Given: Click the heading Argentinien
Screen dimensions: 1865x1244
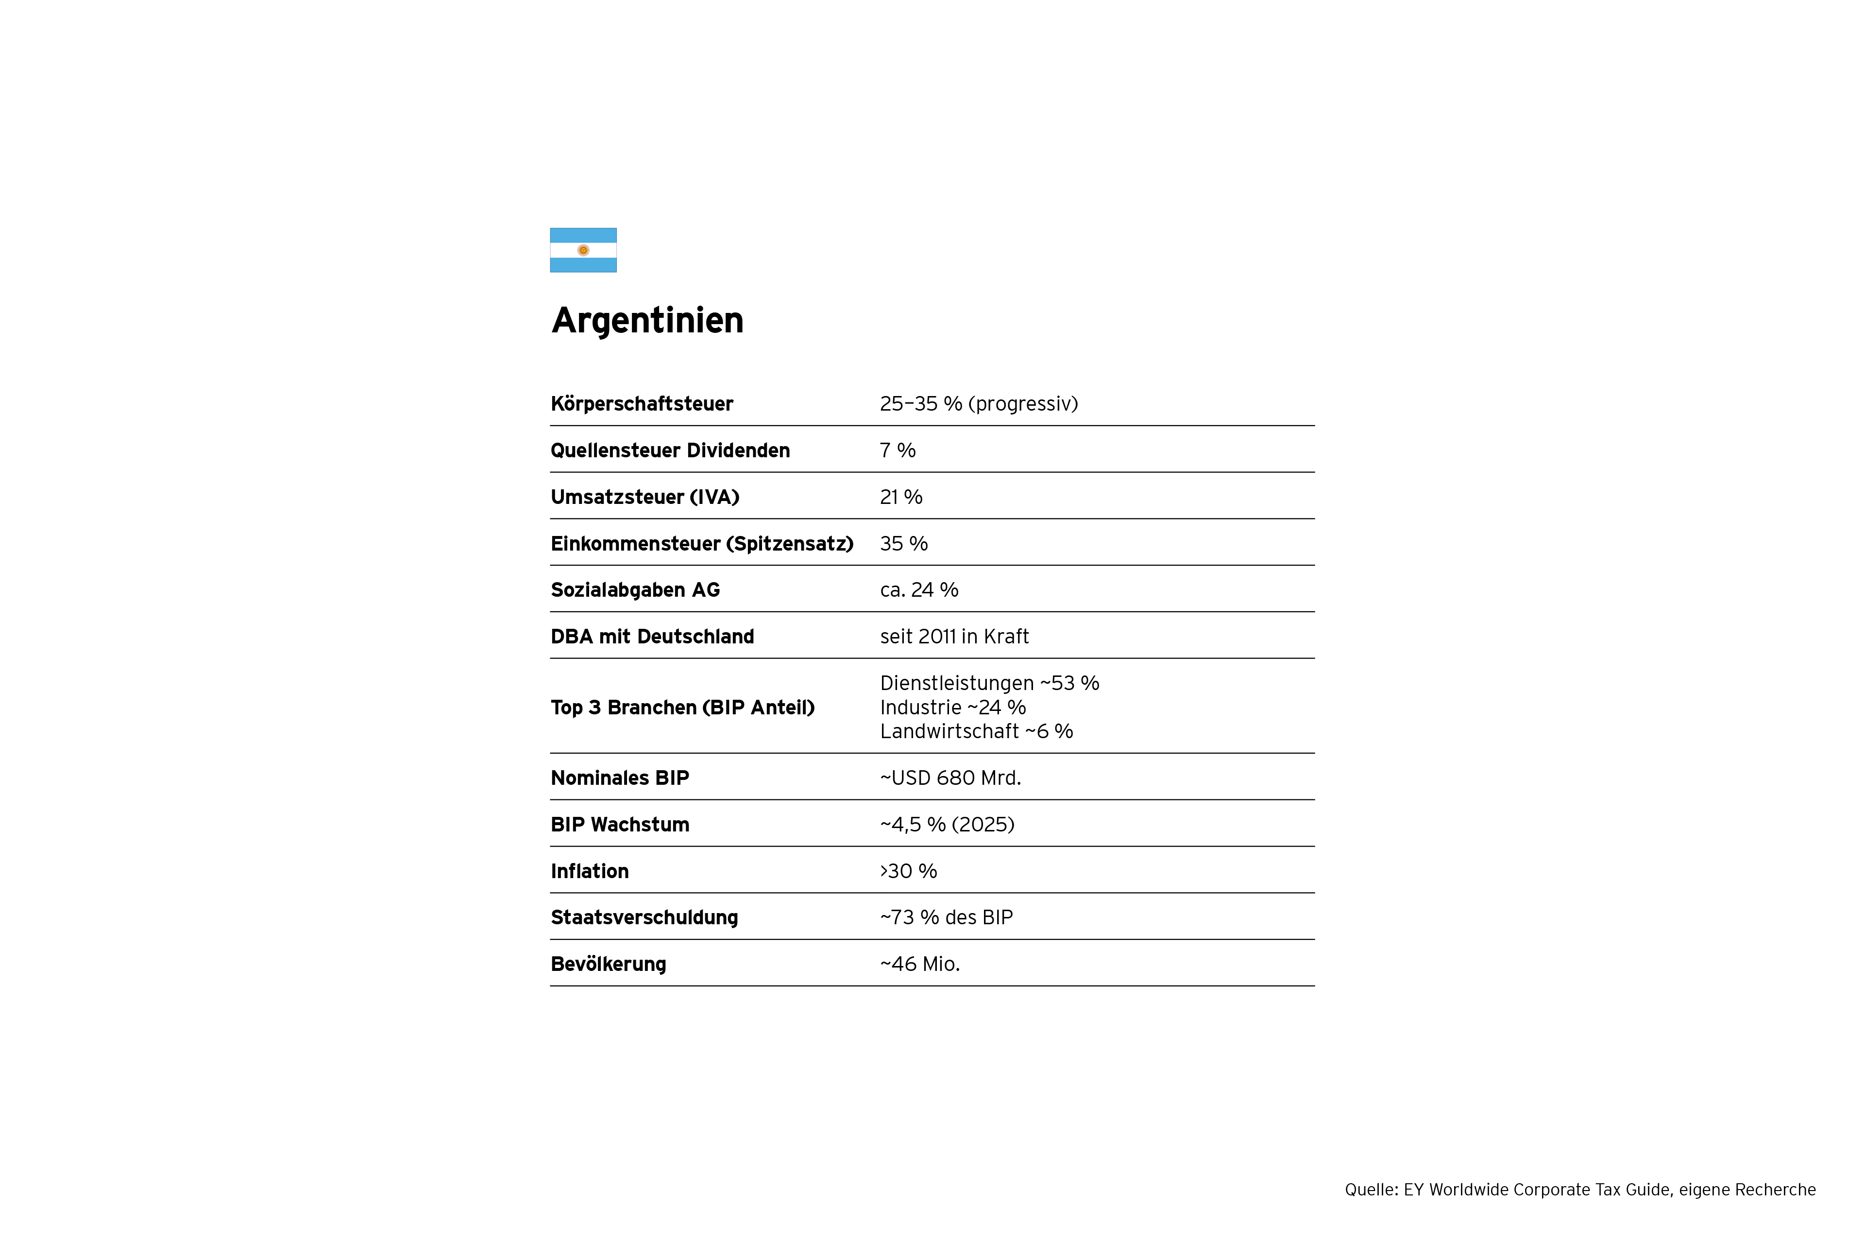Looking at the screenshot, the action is tap(647, 321).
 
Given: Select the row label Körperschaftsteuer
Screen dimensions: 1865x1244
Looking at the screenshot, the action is tap(642, 404).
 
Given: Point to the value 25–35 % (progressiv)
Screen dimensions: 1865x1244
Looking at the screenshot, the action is tap(979, 404).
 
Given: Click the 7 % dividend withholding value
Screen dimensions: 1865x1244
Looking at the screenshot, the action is tap(897, 450).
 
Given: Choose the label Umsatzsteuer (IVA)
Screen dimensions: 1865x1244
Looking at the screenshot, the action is tap(644, 498).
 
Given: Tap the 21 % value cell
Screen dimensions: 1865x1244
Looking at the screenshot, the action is tap(901, 498).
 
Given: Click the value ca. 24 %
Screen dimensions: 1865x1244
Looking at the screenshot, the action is tap(918, 590).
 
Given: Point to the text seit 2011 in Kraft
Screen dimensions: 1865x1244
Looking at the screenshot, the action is tap(954, 637).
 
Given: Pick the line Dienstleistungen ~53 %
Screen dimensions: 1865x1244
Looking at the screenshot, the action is tap(989, 683).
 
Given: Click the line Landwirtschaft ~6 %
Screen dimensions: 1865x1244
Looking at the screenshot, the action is tap(976, 731).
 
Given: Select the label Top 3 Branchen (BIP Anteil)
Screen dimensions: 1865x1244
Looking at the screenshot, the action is tap(682, 708).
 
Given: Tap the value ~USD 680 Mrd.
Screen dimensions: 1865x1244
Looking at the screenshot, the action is tap(950, 778).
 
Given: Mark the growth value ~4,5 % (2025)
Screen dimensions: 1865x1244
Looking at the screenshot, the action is tap(947, 825).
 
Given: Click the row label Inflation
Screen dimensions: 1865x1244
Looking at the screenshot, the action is tap(589, 871).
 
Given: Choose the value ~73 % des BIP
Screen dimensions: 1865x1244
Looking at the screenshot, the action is tap(946, 918).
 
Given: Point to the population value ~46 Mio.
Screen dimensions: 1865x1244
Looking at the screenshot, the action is tap(920, 965).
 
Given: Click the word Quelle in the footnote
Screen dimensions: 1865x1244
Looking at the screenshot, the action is tap(1370, 1190).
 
